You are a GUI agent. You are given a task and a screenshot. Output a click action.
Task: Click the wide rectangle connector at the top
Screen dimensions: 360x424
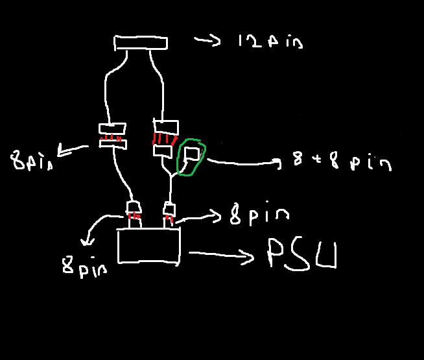click(x=141, y=43)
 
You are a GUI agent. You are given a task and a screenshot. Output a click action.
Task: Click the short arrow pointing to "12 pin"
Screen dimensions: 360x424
click(x=207, y=40)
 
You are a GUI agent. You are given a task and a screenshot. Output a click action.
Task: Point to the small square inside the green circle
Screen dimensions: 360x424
click(x=192, y=153)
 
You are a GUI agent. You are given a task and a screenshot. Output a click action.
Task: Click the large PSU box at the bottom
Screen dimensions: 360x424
click(x=148, y=245)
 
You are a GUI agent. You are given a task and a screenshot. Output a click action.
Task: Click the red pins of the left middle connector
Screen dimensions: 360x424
click(x=113, y=138)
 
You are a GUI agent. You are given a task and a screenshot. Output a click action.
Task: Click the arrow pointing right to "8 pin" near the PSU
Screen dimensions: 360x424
click(x=198, y=213)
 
